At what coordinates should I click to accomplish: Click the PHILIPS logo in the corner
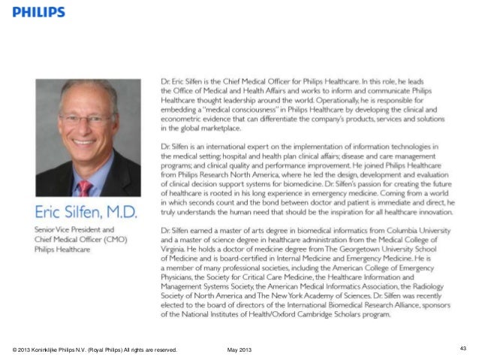click(38, 12)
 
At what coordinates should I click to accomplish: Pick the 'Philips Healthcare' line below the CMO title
click(55, 249)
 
